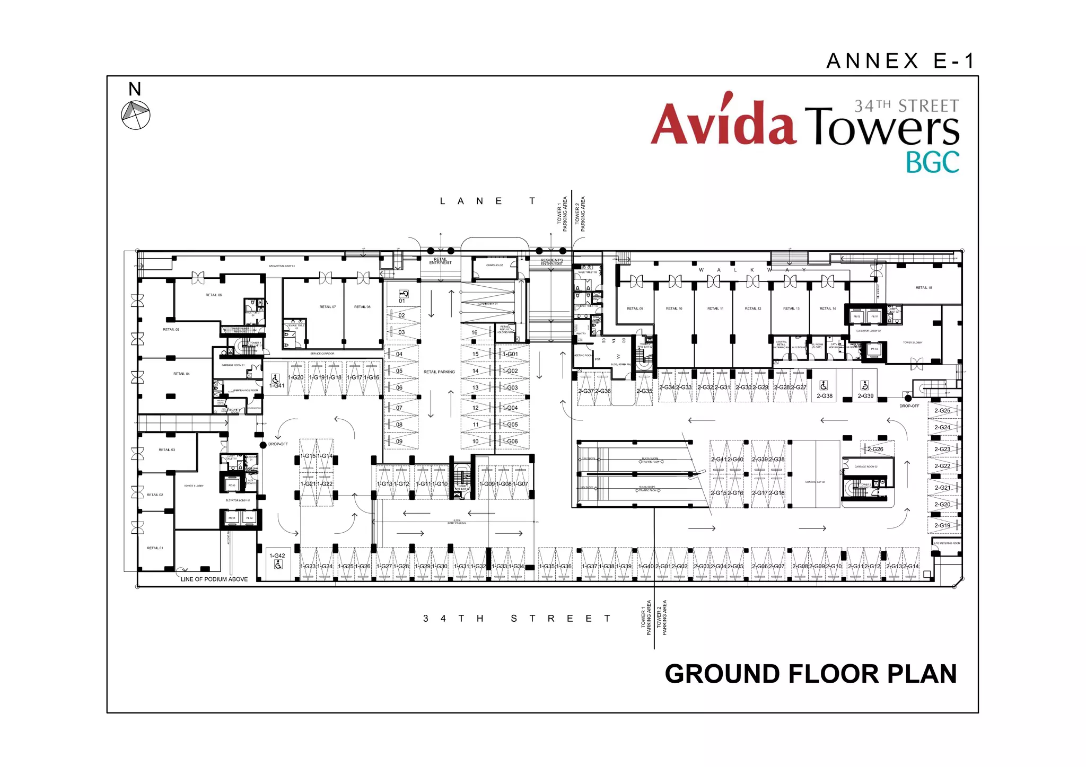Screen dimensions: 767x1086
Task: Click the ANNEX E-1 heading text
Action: coord(900,61)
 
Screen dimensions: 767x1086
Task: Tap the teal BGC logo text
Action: coord(932,163)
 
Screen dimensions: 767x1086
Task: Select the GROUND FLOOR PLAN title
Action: coord(810,674)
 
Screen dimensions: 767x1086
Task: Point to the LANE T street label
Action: coord(487,201)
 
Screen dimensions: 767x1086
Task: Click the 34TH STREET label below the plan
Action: coord(516,619)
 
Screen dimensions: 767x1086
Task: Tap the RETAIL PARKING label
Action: coord(439,372)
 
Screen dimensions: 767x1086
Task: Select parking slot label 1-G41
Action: coord(277,386)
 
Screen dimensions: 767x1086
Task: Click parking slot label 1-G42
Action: coord(277,556)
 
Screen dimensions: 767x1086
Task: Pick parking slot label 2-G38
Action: coord(825,396)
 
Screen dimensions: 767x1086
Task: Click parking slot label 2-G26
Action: coord(875,449)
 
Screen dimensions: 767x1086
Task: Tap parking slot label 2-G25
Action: coord(942,411)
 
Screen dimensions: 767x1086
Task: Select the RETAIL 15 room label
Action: coord(923,288)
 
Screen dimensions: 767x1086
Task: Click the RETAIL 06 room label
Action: coord(214,295)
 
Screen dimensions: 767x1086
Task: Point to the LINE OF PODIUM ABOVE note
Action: coord(214,579)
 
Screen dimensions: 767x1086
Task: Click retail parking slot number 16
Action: coord(475,333)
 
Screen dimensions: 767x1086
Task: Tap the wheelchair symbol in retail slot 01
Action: coord(404,294)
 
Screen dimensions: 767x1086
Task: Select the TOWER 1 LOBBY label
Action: coord(194,486)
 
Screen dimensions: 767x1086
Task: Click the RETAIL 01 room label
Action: coord(155,548)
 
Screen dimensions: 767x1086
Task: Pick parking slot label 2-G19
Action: coord(942,526)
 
